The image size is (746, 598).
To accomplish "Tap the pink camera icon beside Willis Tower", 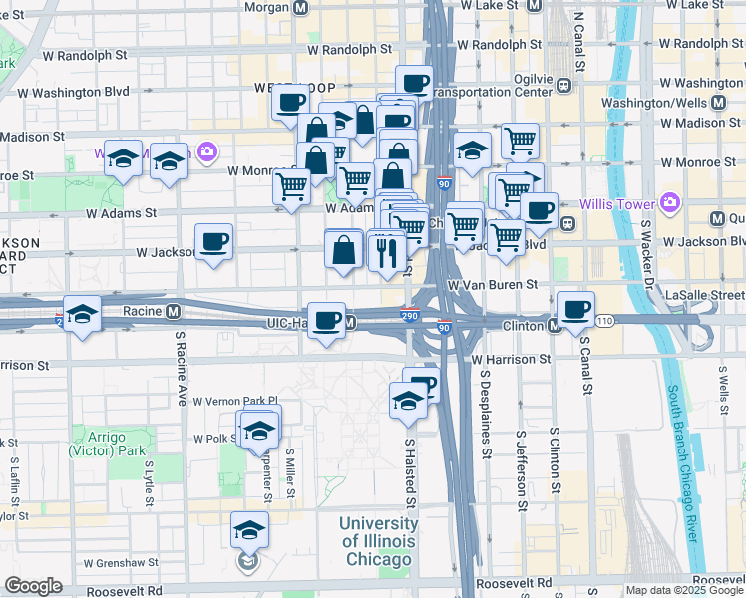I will [669, 202].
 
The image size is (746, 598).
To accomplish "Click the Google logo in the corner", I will [33, 586].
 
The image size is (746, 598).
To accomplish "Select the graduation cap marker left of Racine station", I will [82, 313].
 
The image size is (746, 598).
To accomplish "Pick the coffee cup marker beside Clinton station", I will [574, 308].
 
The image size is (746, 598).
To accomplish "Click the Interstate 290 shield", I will [409, 315].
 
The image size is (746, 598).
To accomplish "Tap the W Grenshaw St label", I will [121, 563].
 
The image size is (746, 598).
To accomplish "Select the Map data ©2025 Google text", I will [684, 590].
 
